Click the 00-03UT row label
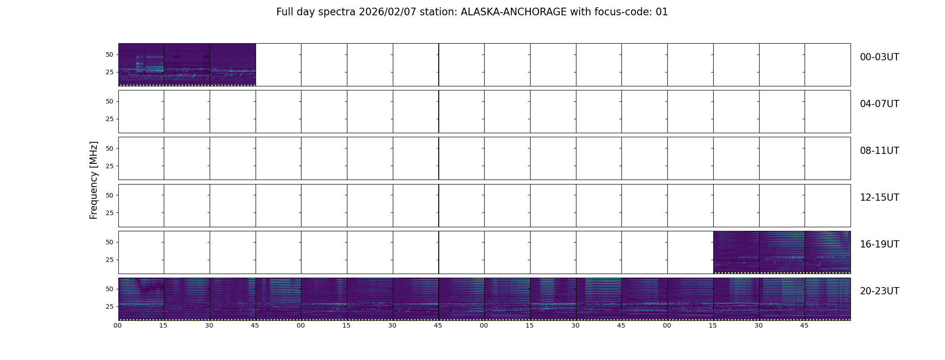(x=879, y=57)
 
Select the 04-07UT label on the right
(x=879, y=104)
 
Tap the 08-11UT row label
(x=879, y=151)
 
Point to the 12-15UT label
(x=879, y=198)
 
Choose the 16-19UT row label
(x=879, y=244)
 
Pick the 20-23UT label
(x=879, y=291)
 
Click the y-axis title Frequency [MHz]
(x=94, y=180)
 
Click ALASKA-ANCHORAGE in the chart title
(x=513, y=12)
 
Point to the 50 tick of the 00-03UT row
(x=109, y=54)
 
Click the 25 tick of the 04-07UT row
(x=109, y=119)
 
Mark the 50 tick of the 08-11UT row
(x=109, y=148)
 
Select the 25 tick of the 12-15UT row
(x=109, y=213)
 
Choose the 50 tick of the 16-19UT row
(x=109, y=242)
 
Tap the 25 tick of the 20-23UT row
(x=109, y=306)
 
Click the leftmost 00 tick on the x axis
(x=118, y=325)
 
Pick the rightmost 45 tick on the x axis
(x=804, y=325)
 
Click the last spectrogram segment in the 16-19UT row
(x=828, y=252)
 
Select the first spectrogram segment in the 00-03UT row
(x=141, y=65)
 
